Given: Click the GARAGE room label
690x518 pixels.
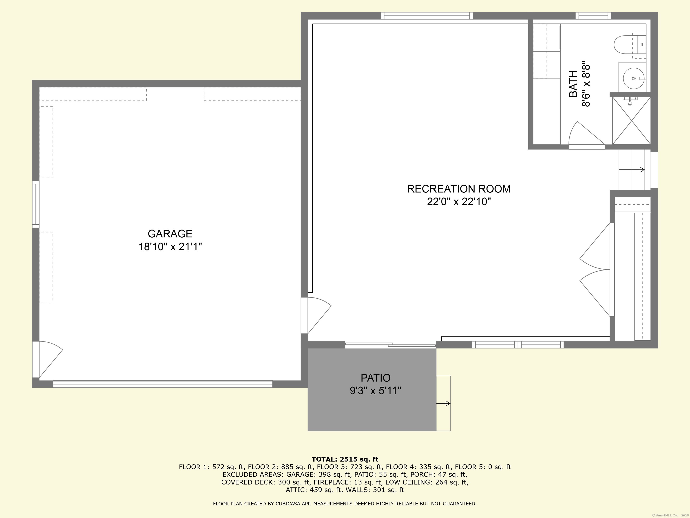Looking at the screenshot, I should click(170, 234).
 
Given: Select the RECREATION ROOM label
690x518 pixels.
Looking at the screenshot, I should click(459, 189).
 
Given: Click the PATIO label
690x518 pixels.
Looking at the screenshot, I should click(376, 378).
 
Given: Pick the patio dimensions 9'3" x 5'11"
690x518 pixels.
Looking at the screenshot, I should click(376, 391).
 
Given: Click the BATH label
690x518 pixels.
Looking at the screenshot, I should click(573, 84).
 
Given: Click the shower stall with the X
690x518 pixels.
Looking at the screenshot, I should click(631, 121).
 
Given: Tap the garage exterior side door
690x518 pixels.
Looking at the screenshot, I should click(48, 359).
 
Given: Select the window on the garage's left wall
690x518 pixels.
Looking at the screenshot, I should click(36, 204).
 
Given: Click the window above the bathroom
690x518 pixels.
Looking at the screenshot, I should click(593, 16).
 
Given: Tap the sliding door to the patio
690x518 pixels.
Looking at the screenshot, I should click(390, 345).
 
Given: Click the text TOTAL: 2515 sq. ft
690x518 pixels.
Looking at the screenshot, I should click(345, 459).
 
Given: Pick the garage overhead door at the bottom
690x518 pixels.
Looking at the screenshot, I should click(163, 384).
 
